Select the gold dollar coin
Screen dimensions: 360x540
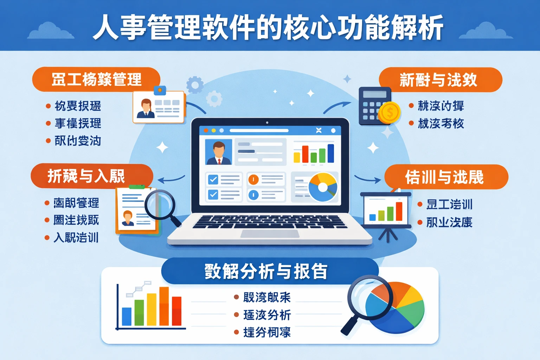[x=390, y=112]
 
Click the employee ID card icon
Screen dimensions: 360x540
[x=159, y=107]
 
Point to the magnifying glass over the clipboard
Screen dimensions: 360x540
[x=160, y=204]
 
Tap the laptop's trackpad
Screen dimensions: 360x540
[x=270, y=233]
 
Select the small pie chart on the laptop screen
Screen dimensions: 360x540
[x=322, y=187]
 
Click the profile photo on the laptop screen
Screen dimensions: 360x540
[x=219, y=152]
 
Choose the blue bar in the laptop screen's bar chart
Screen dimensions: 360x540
[x=330, y=153]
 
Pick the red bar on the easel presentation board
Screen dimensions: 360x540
[x=399, y=211]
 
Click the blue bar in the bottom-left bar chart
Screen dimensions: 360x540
[x=127, y=316]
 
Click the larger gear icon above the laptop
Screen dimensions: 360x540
[x=195, y=85]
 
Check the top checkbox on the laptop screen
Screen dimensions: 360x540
[x=213, y=180]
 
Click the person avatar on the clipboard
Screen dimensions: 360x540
[x=128, y=218]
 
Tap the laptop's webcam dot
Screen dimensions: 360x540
[x=267, y=123]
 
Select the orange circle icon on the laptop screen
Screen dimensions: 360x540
[x=253, y=180]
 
